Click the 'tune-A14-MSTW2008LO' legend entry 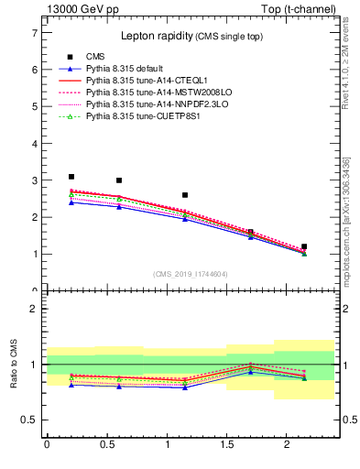147,93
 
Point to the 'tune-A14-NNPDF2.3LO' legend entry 147,104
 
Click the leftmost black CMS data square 71,177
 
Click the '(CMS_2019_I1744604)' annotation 190,273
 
